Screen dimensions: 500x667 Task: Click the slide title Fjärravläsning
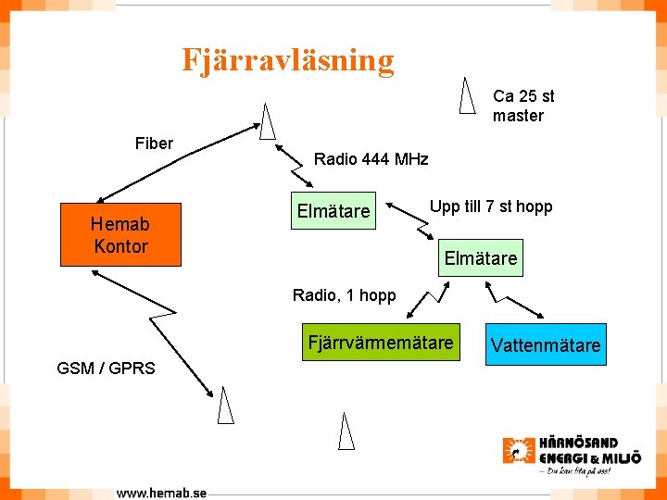[x=288, y=60]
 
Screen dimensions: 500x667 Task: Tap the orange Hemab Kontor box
[x=120, y=235]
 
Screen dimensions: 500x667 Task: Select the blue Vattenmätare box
[x=546, y=345]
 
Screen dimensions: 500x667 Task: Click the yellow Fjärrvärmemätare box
[x=380, y=344]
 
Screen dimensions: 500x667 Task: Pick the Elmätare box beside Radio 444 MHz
[x=333, y=212]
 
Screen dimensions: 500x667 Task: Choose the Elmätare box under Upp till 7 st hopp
[x=481, y=258]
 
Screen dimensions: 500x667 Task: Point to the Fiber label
[x=154, y=143]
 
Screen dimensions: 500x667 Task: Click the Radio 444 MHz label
[x=371, y=159]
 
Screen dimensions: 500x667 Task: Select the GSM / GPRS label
[x=106, y=368]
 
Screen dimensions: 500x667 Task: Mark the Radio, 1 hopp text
[x=344, y=295]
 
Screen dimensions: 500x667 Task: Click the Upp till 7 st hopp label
[x=490, y=206]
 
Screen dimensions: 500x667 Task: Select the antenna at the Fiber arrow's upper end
[x=269, y=120]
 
